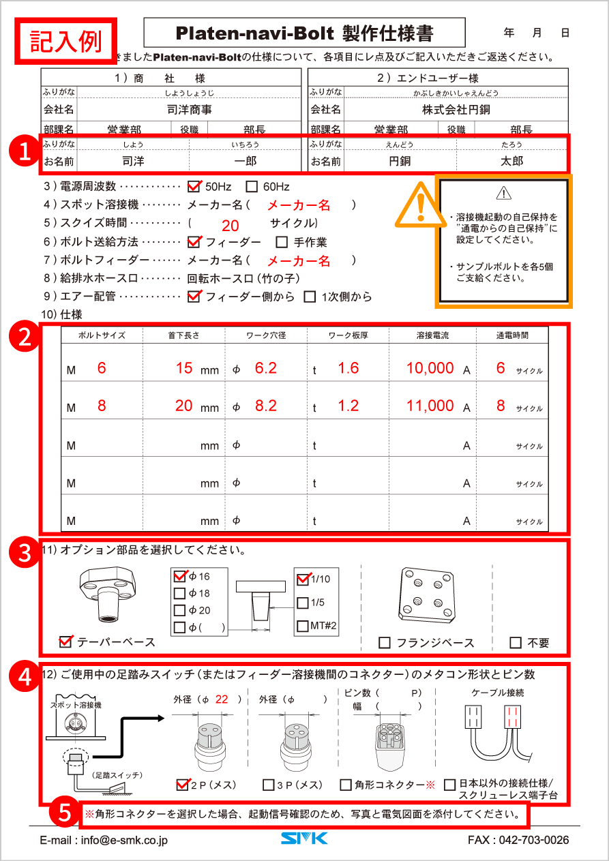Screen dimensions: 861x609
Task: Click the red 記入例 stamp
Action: click(66, 42)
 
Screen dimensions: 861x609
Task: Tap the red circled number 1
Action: click(25, 151)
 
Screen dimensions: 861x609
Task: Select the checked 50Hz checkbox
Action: click(194, 186)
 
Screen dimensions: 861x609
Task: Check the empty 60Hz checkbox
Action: click(252, 186)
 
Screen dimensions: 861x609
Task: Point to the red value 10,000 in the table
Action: click(430, 368)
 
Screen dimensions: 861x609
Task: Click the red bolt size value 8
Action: click(102, 406)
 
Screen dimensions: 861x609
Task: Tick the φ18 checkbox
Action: click(180, 593)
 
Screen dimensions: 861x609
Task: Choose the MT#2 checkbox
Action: click(303, 626)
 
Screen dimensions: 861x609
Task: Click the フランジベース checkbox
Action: click(385, 643)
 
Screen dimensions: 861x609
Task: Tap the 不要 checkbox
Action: click(516, 643)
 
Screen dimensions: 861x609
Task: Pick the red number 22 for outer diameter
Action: click(222, 699)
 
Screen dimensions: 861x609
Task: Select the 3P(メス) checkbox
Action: click(269, 785)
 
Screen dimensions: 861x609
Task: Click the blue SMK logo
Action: click(304, 839)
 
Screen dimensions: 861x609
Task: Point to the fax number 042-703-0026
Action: click(518, 840)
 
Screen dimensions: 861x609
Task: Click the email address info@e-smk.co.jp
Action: click(104, 840)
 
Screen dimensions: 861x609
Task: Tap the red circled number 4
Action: click(25, 677)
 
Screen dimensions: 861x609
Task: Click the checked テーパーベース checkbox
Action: click(66, 641)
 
